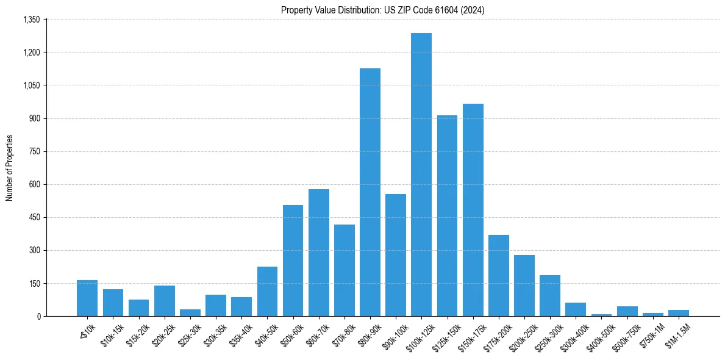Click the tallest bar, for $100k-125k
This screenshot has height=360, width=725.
[x=421, y=175]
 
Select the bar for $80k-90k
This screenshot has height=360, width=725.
[x=370, y=192]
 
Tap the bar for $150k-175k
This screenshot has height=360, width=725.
[x=473, y=210]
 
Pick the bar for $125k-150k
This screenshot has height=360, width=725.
[x=447, y=215]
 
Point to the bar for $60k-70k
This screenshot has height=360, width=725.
[x=319, y=253]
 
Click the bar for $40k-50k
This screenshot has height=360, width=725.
[x=267, y=291]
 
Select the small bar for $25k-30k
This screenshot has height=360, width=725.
[x=190, y=312]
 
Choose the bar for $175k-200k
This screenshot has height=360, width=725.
[x=499, y=275]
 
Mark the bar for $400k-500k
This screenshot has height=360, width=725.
[x=602, y=315]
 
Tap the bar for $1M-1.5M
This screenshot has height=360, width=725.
[x=679, y=313]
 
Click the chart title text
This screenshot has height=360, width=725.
[x=383, y=10]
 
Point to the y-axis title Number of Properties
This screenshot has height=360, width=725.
[x=10, y=168]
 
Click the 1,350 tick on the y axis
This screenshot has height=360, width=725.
[x=31, y=20]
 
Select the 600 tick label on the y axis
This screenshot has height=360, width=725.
[x=34, y=184]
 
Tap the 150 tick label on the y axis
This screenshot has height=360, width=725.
[x=34, y=283]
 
